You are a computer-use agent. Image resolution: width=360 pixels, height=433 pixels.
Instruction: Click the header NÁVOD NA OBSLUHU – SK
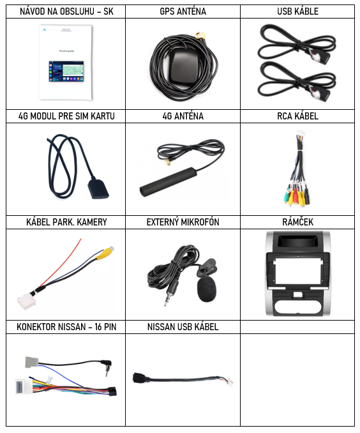66,11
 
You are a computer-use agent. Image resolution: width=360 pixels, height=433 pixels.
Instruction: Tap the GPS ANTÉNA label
183,11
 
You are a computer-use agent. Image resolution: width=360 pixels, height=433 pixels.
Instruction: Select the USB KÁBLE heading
297,11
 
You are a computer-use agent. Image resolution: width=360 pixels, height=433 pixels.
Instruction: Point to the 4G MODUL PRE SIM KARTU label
66,116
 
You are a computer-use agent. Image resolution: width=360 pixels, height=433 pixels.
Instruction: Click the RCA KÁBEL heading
297,116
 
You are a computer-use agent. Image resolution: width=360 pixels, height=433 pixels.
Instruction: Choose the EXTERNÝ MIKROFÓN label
183,222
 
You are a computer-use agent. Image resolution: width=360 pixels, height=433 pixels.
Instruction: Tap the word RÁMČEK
297,222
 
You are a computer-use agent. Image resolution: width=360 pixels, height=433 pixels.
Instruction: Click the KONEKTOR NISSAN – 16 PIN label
66,327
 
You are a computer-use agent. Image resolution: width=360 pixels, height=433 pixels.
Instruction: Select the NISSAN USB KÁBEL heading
183,327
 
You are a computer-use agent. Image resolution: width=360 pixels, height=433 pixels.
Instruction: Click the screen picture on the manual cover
66,72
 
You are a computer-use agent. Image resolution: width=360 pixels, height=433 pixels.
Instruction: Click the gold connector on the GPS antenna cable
200,35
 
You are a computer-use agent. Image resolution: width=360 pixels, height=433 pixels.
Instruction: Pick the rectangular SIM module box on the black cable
98,189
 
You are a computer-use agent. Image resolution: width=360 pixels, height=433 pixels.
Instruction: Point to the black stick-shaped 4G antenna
168,182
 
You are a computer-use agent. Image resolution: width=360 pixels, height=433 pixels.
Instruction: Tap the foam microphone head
207,289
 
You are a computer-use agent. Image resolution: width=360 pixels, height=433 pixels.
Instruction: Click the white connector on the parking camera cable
27,302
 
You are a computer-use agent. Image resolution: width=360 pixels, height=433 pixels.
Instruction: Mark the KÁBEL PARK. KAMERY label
66,222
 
